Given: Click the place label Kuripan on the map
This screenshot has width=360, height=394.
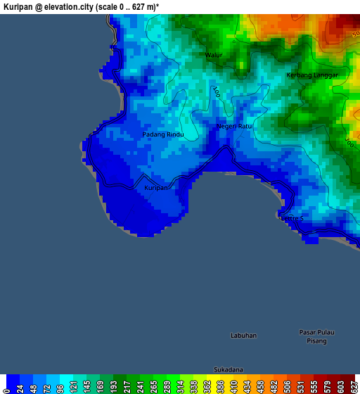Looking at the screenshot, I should tap(156, 188).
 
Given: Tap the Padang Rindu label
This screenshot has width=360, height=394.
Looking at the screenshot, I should tap(163, 134).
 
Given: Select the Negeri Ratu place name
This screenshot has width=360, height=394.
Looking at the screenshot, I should tap(234, 126).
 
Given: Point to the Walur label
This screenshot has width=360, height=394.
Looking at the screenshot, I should tap(214, 55).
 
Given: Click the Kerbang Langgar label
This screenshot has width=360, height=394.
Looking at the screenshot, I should tap(312, 75).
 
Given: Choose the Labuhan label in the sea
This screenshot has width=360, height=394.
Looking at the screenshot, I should tap(243, 336).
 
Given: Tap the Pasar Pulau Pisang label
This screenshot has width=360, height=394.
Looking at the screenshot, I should tap(316, 336).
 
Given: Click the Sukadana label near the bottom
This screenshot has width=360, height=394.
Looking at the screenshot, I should tap(229, 369).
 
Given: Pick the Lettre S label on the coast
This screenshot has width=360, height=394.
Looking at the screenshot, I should tap(292, 219).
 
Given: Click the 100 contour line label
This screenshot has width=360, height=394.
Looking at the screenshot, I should tap(217, 91).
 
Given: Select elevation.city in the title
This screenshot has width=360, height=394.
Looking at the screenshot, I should tap(63, 6).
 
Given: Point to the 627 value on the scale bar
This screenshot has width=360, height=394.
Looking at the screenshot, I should tap(354, 387).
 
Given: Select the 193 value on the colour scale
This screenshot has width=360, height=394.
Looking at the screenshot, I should tap(114, 387).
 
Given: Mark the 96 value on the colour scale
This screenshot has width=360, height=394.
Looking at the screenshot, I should tap(60, 387).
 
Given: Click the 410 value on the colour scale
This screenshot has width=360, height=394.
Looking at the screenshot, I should tap(233, 387).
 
